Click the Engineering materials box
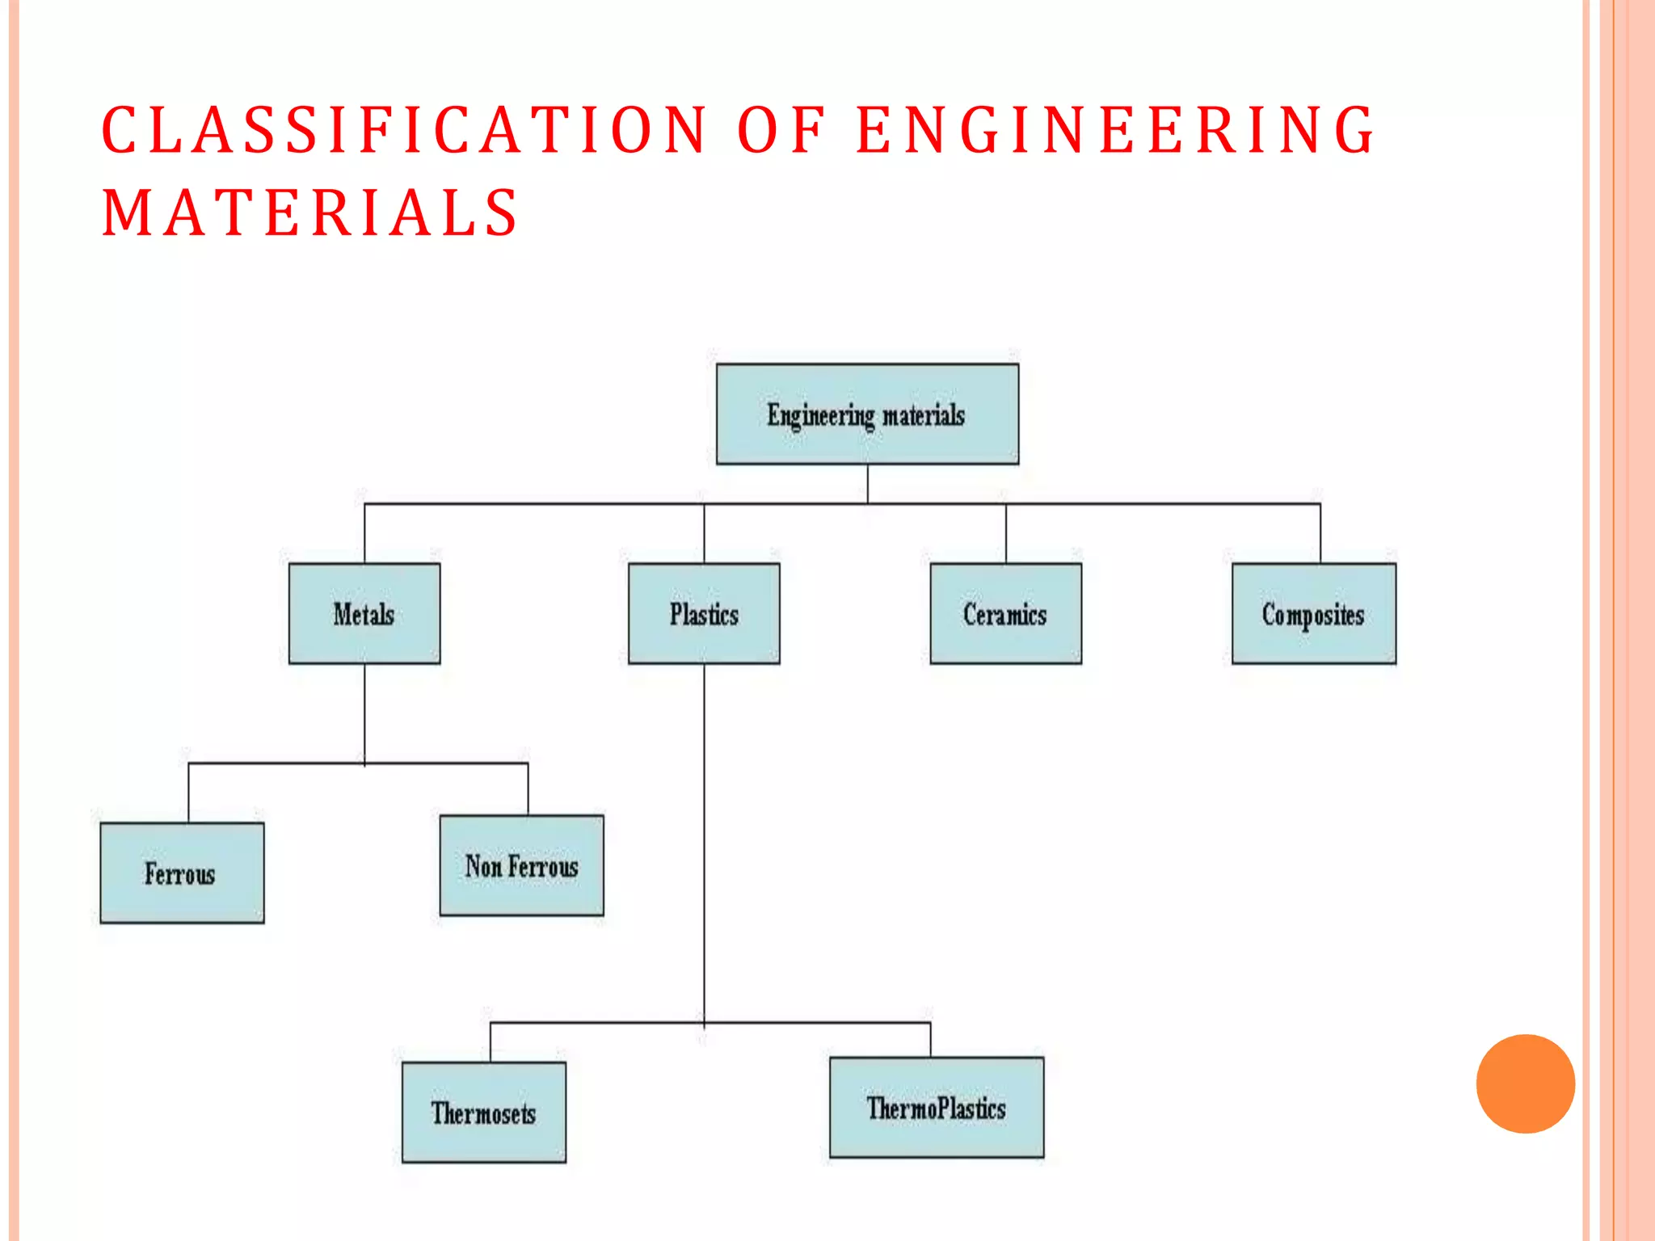click(867, 414)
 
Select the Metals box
click(364, 613)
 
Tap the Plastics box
click(704, 613)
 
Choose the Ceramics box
click(1005, 613)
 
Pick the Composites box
click(1313, 613)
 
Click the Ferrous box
click(182, 873)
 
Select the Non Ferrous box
click(521, 865)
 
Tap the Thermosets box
click(483, 1112)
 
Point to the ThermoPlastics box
click(936, 1107)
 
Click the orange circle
click(1525, 1083)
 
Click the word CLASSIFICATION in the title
click(404, 130)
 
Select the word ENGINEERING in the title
click(1115, 130)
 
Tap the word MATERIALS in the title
click(310, 212)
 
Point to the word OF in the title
click(781, 130)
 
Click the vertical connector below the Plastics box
click(704, 840)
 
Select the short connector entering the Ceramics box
click(1006, 533)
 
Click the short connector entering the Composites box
click(1320, 533)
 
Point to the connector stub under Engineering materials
click(868, 483)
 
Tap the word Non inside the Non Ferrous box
click(483, 866)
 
